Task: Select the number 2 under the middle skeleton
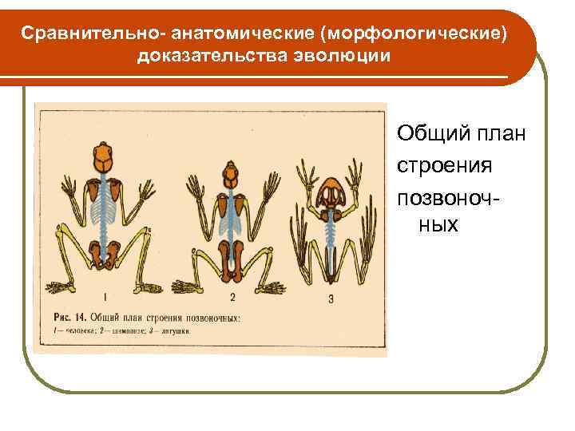(232, 298)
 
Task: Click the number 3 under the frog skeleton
(330, 299)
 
